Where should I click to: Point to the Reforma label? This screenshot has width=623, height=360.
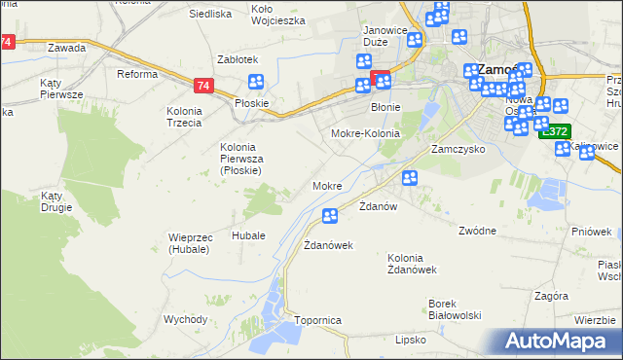click(137, 74)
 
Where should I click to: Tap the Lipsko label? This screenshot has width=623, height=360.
click(412, 340)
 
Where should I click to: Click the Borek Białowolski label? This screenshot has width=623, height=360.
click(457, 309)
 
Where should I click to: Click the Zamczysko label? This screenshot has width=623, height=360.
click(459, 152)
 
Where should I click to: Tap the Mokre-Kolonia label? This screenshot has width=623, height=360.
click(366, 133)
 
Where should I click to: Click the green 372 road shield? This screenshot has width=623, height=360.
click(555, 131)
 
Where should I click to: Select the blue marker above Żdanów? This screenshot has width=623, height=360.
click(410, 178)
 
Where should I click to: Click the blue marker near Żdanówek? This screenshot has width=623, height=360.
click(330, 216)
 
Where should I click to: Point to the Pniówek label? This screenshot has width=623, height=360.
click(592, 232)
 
